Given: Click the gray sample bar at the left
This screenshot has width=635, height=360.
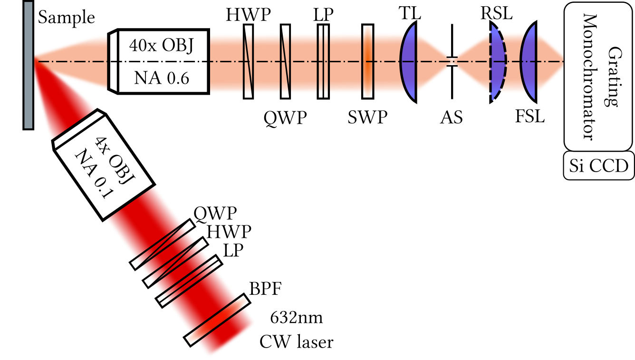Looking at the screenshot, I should click(x=29, y=65).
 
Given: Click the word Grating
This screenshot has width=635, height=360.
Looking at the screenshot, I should click(x=609, y=76).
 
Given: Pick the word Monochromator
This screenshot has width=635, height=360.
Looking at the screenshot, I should click(x=589, y=76).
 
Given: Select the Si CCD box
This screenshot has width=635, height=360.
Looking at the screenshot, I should click(x=598, y=166).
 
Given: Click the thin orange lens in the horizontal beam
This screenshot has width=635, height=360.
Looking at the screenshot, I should click(x=367, y=62).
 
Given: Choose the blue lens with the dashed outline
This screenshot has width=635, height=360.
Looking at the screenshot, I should click(x=497, y=62).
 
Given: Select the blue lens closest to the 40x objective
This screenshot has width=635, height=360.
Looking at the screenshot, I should click(x=409, y=62).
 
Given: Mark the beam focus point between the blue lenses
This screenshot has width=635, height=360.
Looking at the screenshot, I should click(x=453, y=61).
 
